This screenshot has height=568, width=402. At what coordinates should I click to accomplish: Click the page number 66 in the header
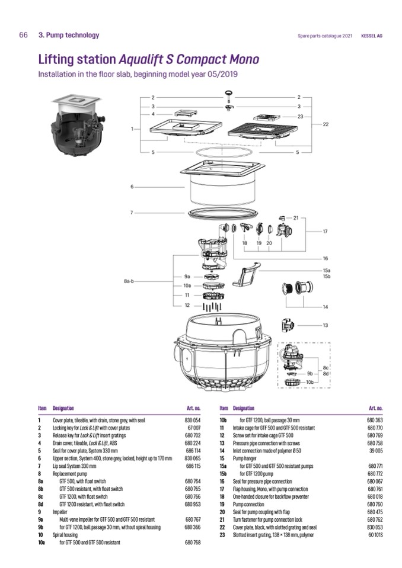[x=24, y=36]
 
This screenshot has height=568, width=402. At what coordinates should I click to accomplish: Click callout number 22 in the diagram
[x=326, y=124]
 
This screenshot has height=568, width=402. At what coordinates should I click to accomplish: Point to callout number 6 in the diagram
[x=132, y=187]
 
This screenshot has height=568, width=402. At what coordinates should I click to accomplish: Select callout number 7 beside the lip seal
[x=132, y=212]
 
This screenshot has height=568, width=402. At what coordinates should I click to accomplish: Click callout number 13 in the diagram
[x=326, y=325]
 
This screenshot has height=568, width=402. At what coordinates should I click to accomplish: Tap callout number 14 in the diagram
[x=326, y=307]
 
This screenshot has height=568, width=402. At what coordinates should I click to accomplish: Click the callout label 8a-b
[x=129, y=281]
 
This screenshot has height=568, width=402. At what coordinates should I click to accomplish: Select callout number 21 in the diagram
[x=296, y=218]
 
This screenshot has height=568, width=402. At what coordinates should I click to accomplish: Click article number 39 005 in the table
[x=376, y=450]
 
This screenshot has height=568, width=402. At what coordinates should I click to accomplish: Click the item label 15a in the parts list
[x=224, y=466]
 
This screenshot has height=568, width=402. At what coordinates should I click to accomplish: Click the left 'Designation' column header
[x=63, y=408]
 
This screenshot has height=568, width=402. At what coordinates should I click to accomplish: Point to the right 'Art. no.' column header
[x=375, y=408]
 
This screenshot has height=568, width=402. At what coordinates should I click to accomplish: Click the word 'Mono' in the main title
[x=237, y=60]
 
